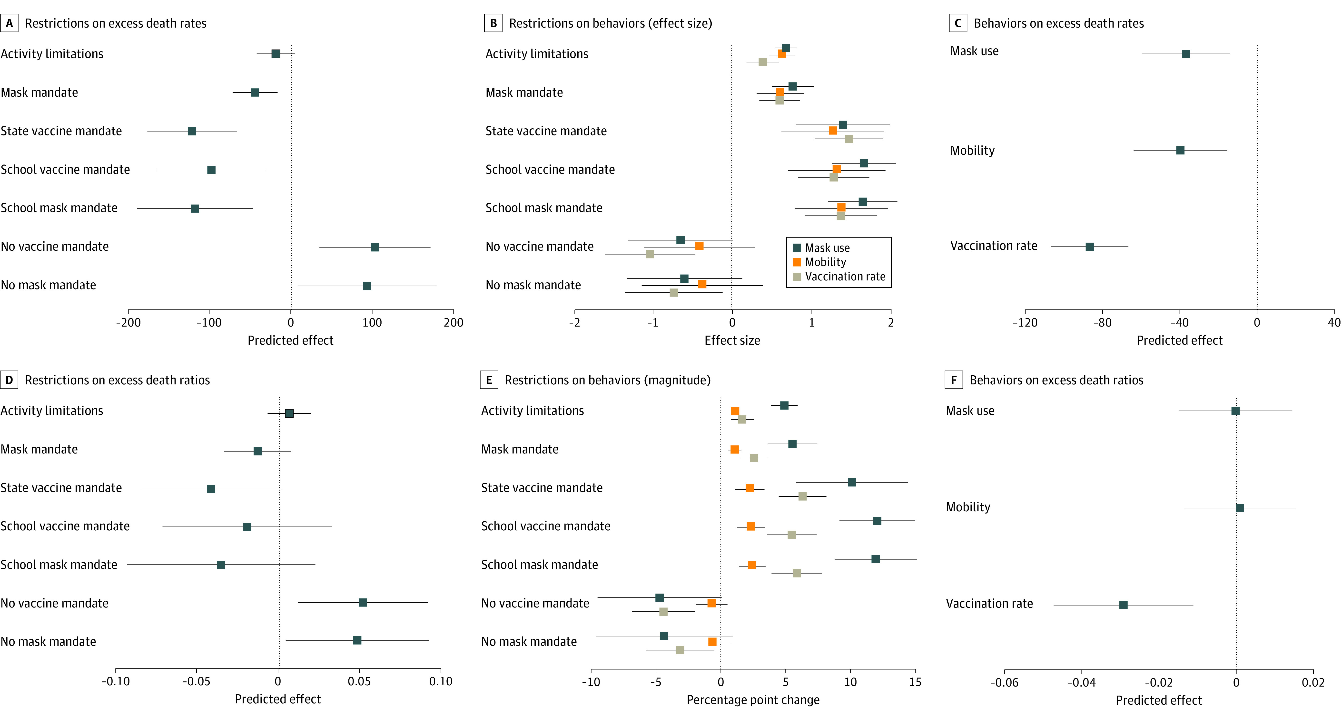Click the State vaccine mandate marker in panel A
click(x=192, y=131)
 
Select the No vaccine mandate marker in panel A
click(x=375, y=247)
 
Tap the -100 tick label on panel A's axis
click(x=209, y=323)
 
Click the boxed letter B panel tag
click(x=493, y=23)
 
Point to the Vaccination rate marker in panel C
click(x=1089, y=247)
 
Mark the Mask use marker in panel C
click(x=1186, y=54)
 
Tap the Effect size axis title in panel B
click(x=732, y=340)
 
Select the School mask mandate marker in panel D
click(x=221, y=565)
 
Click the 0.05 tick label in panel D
click(x=359, y=681)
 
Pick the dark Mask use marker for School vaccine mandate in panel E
click(x=877, y=521)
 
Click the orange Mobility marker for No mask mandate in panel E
click(x=712, y=642)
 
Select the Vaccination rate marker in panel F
click(x=1123, y=605)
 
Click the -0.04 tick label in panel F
click(x=1081, y=682)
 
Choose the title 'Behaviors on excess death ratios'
click(x=1056, y=380)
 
